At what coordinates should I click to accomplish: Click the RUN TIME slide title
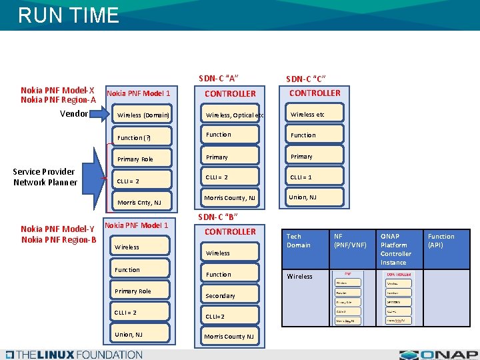click(x=69, y=15)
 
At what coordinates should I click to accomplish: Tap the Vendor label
click(x=73, y=113)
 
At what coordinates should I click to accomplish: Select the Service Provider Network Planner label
click(x=45, y=177)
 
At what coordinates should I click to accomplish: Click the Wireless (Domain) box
click(x=143, y=115)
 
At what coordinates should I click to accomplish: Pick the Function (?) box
click(x=143, y=137)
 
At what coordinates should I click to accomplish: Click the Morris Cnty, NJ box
click(x=143, y=202)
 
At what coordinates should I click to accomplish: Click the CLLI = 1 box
click(x=313, y=177)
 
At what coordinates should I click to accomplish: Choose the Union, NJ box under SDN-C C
click(x=313, y=197)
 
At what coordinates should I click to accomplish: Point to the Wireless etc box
click(x=313, y=114)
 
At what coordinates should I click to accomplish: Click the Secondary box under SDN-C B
click(x=230, y=295)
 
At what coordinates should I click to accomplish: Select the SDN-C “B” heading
click(x=218, y=217)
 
